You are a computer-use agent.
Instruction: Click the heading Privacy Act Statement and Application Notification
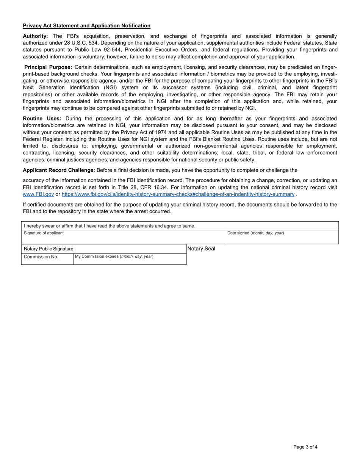[x=86, y=26]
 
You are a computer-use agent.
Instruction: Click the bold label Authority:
[x=35, y=36]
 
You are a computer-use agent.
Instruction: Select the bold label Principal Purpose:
[x=48, y=67]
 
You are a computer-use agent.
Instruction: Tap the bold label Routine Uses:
[x=42, y=119]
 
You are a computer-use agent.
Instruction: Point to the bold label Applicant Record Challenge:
[x=59, y=170]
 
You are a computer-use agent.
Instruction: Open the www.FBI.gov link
[x=38, y=194]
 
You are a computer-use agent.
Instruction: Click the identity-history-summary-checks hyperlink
[x=178, y=194]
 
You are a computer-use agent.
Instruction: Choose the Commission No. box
[x=47, y=259]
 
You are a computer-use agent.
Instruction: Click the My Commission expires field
[x=130, y=259]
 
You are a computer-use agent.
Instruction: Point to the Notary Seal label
[x=201, y=249]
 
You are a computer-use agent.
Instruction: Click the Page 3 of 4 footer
[x=305, y=447]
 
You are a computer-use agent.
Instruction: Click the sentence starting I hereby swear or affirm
[x=110, y=226]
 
